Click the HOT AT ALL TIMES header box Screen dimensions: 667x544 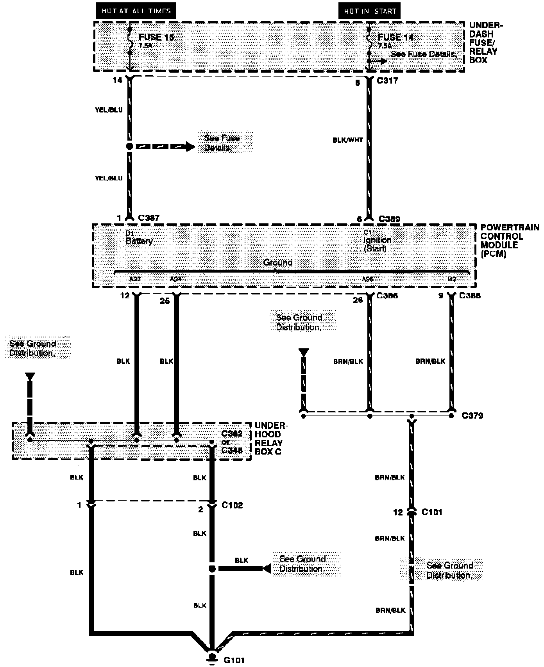point(136,11)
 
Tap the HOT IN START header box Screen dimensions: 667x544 point(369,11)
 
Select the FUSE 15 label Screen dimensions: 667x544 point(156,37)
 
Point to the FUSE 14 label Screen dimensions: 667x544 point(395,37)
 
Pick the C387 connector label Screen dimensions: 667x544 point(149,218)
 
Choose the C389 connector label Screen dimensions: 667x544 point(389,219)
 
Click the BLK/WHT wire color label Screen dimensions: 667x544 point(348,140)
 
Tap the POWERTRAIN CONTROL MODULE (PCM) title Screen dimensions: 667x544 point(509,241)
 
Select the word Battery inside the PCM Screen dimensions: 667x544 point(139,241)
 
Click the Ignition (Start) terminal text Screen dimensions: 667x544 point(377,244)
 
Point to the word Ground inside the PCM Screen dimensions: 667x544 point(277,262)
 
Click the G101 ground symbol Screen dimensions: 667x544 point(212,656)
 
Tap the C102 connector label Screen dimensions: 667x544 point(232,505)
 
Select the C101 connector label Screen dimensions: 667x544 point(432,512)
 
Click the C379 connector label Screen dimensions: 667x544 point(472,416)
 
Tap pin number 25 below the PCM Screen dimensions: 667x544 point(165,301)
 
